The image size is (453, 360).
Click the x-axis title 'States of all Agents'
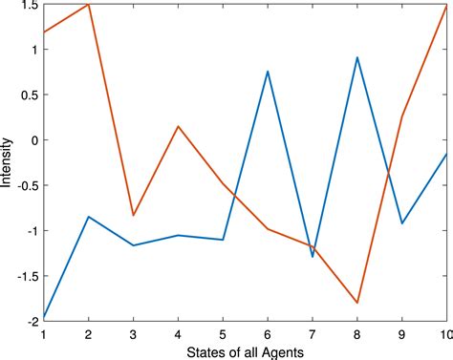tap(245, 352)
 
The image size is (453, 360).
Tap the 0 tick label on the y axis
tap(33, 140)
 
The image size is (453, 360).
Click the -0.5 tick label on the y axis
tap(25, 185)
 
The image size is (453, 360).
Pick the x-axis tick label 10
tap(445, 335)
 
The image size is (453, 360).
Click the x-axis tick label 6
tap(268, 335)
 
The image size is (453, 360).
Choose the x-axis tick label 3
tap(133, 335)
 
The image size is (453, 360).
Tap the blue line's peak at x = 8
tap(356, 57)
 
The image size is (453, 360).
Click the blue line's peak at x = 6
tap(268, 72)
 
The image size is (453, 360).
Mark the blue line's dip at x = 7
tap(313, 257)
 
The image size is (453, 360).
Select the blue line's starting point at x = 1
tap(44, 316)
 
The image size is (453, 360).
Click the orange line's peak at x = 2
tap(89, 5)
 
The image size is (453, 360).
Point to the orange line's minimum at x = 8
tap(356, 303)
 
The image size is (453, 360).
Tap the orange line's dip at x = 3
tap(133, 215)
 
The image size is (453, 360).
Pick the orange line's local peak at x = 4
tap(178, 126)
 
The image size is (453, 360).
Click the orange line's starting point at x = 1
tap(44, 33)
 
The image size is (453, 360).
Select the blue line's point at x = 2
tap(89, 217)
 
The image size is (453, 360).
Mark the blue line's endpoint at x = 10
tap(445, 154)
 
